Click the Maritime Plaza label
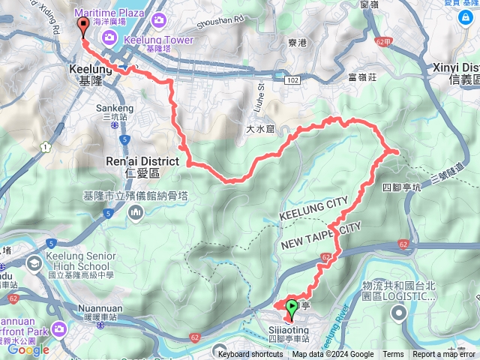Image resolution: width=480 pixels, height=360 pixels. pyautogui.click(x=116, y=10)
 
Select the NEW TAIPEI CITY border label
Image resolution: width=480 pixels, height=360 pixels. pyautogui.click(x=322, y=236)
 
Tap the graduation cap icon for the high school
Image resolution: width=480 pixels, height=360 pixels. pyautogui.click(x=34, y=263)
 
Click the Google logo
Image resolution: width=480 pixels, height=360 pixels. pyautogui.click(x=28, y=349)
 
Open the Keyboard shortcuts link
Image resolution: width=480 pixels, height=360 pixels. pyautogui.click(x=251, y=355)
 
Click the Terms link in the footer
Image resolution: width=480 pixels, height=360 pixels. pyautogui.click(x=393, y=355)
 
